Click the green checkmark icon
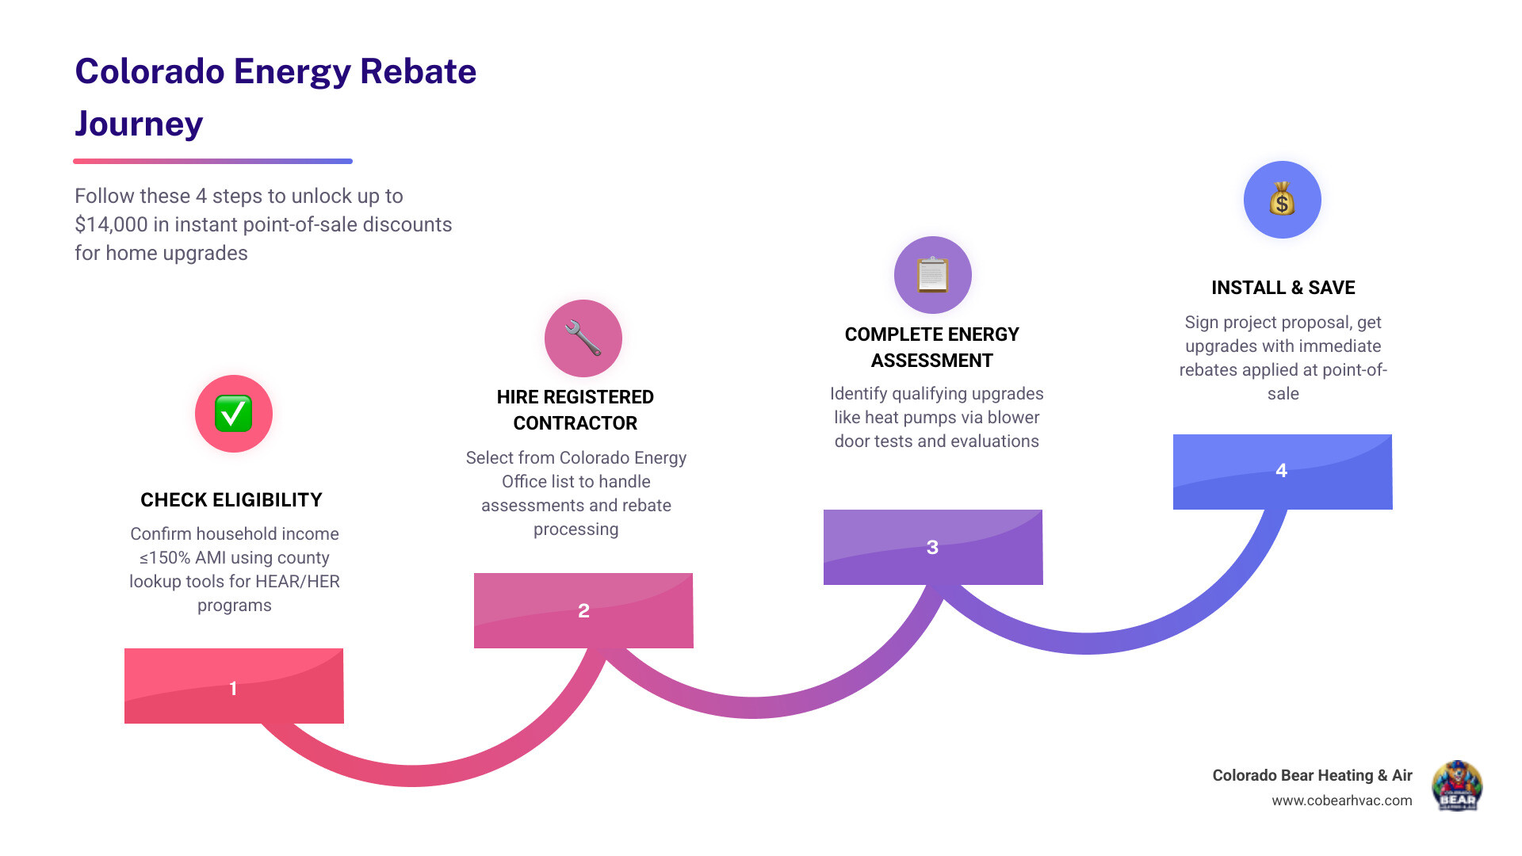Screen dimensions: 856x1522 [234, 414]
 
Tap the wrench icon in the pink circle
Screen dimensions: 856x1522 [583, 338]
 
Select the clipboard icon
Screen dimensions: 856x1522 [933, 275]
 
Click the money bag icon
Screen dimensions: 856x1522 [1282, 199]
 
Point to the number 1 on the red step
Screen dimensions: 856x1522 [233, 688]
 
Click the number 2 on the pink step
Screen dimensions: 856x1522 [583, 610]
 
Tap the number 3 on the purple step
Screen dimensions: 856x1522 [932, 547]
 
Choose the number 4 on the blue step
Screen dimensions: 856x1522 [1281, 470]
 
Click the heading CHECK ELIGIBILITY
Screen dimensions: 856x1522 [231, 500]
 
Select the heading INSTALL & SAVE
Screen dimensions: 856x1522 [1283, 288]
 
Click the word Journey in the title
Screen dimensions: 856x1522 [139, 124]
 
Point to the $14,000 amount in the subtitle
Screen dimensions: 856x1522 [111, 224]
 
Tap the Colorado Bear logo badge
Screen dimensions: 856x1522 [1456, 786]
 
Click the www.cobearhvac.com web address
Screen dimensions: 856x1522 [1341, 801]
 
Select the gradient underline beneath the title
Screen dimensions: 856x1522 [212, 161]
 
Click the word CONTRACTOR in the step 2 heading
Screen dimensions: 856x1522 [575, 423]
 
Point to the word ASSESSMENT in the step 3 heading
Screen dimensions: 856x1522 [931, 361]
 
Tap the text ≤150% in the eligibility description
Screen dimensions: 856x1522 [165, 558]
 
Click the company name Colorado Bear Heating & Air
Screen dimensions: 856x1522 [1312, 775]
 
